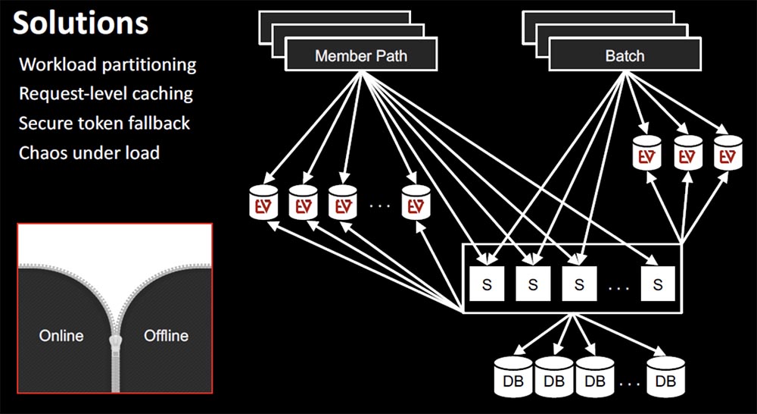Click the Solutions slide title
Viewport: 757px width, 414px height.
click(80, 24)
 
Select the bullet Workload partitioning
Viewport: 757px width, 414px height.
click(107, 64)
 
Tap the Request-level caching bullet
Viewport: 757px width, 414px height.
click(106, 94)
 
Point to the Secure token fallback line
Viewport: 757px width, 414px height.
click(104, 123)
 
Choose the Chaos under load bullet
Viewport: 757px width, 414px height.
click(89, 153)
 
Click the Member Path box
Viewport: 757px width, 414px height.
click(361, 55)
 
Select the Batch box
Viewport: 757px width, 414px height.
click(625, 55)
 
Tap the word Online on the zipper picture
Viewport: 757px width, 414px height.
click(61, 335)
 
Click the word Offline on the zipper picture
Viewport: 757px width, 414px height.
click(166, 335)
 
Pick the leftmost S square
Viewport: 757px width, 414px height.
click(487, 284)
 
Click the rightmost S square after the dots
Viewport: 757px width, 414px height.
click(658, 284)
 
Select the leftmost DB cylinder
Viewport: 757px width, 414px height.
click(513, 377)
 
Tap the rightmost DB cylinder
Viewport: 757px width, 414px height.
click(665, 377)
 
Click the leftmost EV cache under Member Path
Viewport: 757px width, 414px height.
click(263, 202)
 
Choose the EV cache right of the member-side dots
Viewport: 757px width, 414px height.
click(416, 202)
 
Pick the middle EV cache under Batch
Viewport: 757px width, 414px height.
click(688, 152)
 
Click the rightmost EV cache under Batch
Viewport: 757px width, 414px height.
click(728, 152)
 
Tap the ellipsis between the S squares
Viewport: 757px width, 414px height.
click(619, 288)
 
